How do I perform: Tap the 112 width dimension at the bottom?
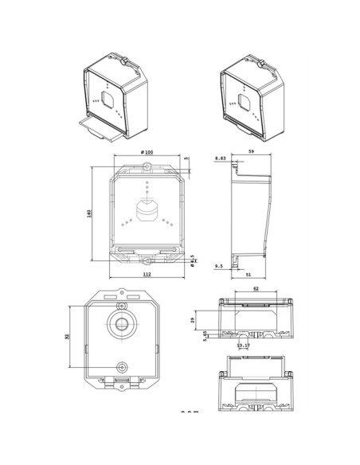pos(147,274)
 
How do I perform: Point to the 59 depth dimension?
pos(251,151)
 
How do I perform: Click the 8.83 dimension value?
pos(220,159)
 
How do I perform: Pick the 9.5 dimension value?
pos(219,268)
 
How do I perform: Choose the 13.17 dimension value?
pos(242,346)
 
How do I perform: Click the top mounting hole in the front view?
pos(147,166)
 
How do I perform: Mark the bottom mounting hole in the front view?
pos(147,259)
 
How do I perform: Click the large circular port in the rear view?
pos(121,324)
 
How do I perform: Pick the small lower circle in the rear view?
pos(121,366)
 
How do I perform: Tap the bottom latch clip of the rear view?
pos(121,381)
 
